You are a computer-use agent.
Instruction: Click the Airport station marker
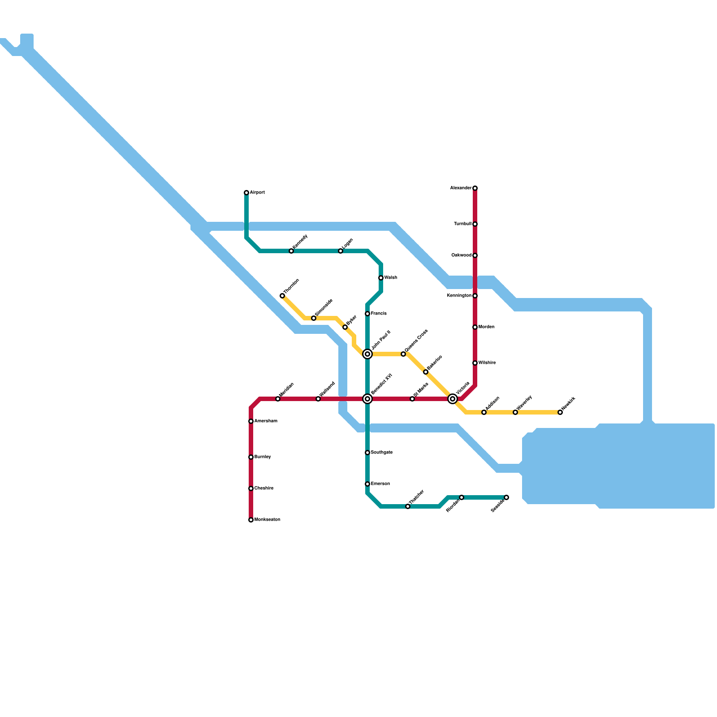pyautogui.click(x=246, y=193)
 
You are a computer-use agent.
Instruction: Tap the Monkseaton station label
pyautogui.click(x=267, y=520)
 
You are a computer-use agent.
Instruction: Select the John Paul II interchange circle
pyautogui.click(x=367, y=354)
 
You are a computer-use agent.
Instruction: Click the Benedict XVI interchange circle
pyautogui.click(x=367, y=399)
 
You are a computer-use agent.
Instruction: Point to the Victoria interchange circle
pyautogui.click(x=453, y=399)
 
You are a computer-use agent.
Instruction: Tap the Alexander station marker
pyautogui.click(x=475, y=188)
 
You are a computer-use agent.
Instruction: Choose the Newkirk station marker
pyautogui.click(x=560, y=412)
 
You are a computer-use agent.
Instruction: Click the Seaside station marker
pyautogui.click(x=506, y=497)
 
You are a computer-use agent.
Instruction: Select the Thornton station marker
pyautogui.click(x=282, y=296)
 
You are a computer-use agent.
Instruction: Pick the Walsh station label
pyautogui.click(x=391, y=278)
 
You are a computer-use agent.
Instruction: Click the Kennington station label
pyautogui.click(x=459, y=296)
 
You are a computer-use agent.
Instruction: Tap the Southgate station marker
pyautogui.click(x=367, y=453)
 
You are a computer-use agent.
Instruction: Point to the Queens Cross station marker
pyautogui.click(x=403, y=354)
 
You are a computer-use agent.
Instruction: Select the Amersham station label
pyautogui.click(x=266, y=421)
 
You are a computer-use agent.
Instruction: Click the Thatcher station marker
pyautogui.click(x=408, y=506)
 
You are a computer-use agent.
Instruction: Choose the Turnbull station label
pyautogui.click(x=463, y=224)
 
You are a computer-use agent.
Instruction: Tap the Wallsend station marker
pyautogui.click(x=318, y=399)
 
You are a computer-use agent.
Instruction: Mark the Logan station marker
pyautogui.click(x=341, y=251)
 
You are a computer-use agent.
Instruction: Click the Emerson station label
pyautogui.click(x=380, y=484)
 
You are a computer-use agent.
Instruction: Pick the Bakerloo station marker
pyautogui.click(x=426, y=372)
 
